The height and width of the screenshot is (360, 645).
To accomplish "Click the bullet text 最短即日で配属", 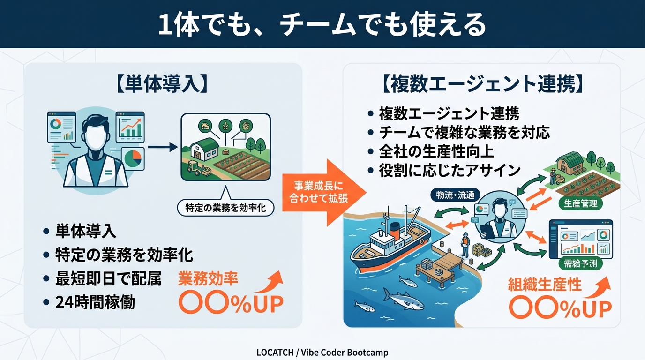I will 108,279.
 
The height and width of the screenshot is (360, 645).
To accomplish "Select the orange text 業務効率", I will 208,279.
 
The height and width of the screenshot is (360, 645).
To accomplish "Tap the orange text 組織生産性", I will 545,284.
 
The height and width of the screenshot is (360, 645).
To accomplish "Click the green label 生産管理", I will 581,203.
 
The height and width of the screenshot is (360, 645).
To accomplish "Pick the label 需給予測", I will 581,263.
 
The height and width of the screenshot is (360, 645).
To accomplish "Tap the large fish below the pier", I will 402,298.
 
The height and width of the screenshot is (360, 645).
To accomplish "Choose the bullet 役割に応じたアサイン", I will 450,170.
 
